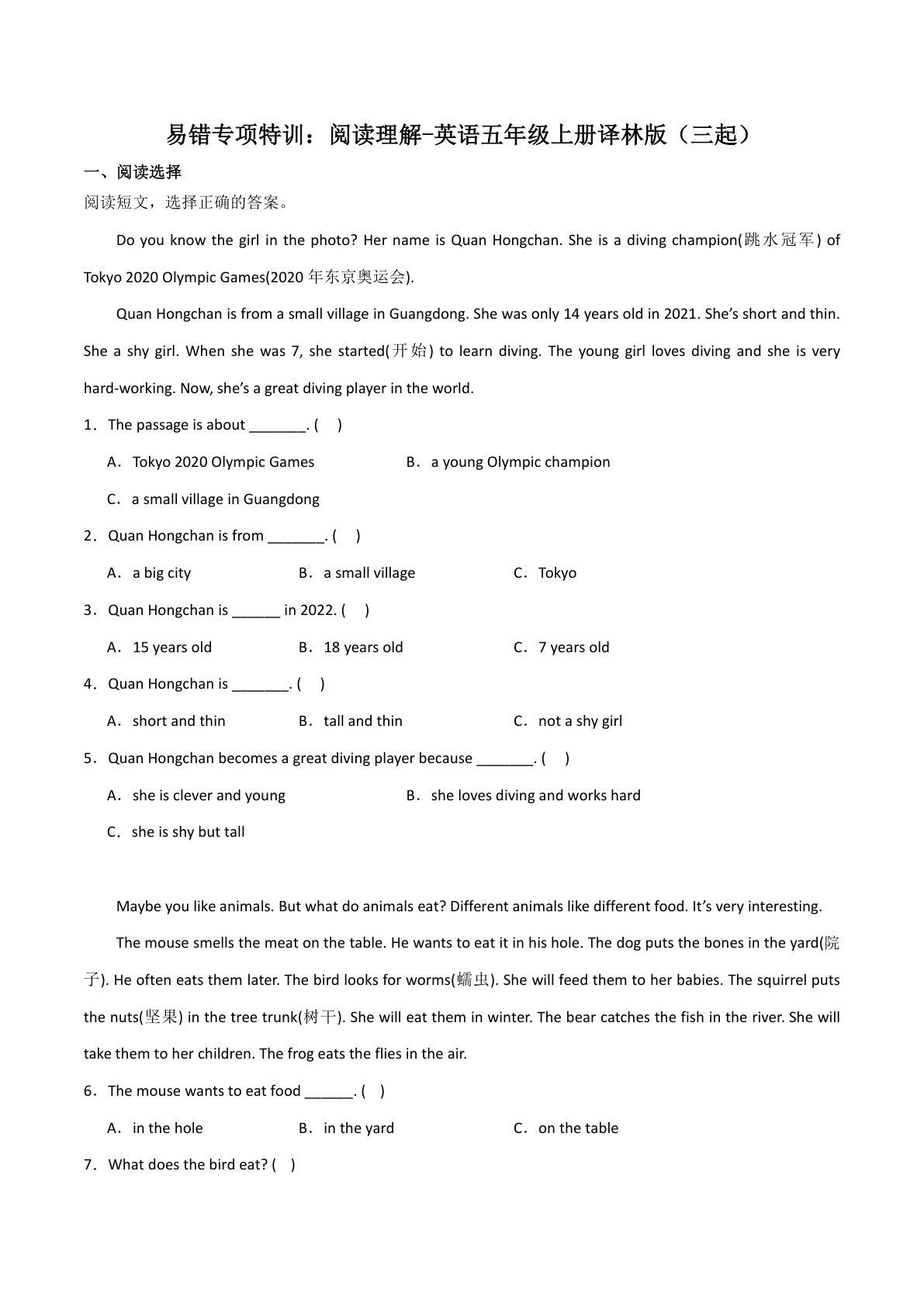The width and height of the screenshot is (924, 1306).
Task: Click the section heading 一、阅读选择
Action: pyautogui.click(x=133, y=172)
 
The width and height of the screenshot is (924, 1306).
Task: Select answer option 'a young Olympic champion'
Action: pyautogui.click(x=520, y=462)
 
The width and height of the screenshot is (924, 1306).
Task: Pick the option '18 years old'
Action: pyautogui.click(x=362, y=648)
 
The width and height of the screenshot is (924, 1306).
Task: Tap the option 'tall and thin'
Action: pyautogui.click(x=362, y=721)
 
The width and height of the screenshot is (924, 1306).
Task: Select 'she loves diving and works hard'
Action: pyautogui.click(x=535, y=796)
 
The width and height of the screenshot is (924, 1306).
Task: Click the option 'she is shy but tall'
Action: pyautogui.click(x=188, y=832)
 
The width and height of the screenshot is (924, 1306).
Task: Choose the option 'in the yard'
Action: pyautogui.click(x=358, y=1128)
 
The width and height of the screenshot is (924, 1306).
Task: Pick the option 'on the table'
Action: pyautogui.click(x=578, y=1128)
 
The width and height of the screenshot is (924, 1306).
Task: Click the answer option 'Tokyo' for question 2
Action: pyautogui.click(x=557, y=573)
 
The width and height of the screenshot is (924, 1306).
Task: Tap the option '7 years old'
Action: pyautogui.click(x=573, y=648)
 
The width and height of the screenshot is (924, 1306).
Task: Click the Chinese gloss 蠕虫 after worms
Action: pyautogui.click(x=474, y=980)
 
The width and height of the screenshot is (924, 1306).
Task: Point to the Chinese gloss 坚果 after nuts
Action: pyautogui.click(x=161, y=1018)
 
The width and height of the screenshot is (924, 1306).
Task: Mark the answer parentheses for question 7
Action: pyautogui.click(x=284, y=1165)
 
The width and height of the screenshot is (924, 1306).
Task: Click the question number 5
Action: pyautogui.click(x=89, y=758)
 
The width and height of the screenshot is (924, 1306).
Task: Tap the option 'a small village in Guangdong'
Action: pyautogui.click(x=225, y=499)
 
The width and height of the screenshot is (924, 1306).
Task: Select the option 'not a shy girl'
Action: pyautogui.click(x=580, y=721)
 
